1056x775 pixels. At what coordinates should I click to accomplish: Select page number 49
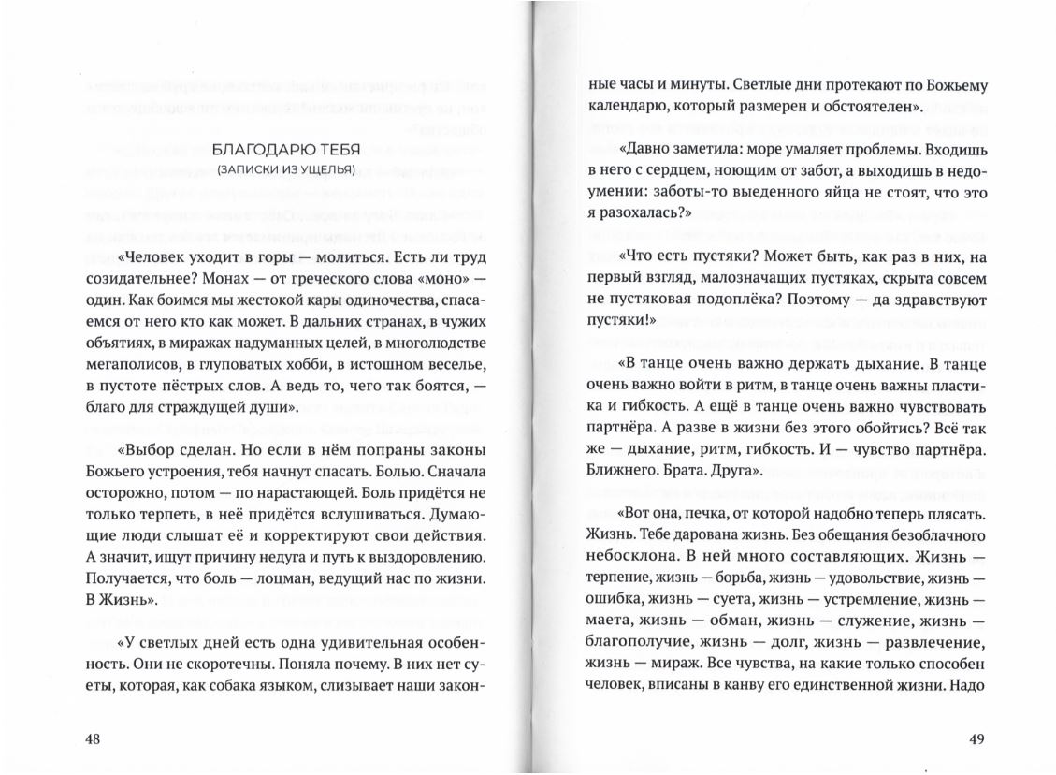point(976,739)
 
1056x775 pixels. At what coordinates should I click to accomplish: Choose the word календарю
point(628,106)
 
